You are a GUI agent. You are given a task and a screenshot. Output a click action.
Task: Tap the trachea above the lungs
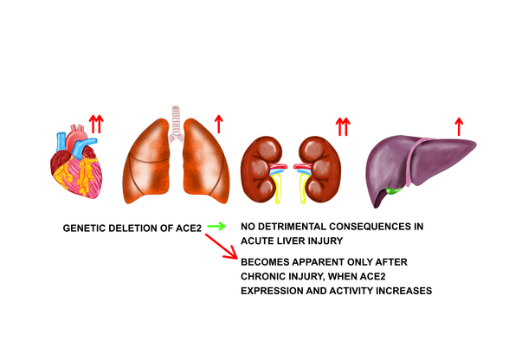[176, 124]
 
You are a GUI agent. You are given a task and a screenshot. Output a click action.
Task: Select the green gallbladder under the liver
[394, 190]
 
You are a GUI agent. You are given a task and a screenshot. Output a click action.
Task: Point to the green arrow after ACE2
[216, 226]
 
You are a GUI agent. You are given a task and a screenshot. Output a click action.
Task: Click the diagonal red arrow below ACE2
[222, 247]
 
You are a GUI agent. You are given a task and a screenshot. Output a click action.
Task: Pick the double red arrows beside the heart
[96, 124]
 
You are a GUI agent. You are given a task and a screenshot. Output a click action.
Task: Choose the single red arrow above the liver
[459, 126]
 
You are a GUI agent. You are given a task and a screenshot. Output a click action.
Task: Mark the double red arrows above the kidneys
[343, 126]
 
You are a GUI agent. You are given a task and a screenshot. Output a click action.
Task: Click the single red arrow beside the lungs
[219, 124]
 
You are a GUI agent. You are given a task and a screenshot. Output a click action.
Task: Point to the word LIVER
[291, 241]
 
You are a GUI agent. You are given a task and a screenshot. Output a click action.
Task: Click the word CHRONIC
[261, 276]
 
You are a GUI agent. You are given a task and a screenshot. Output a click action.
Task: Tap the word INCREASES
[403, 291]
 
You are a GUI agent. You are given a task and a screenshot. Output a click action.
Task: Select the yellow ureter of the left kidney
[277, 189]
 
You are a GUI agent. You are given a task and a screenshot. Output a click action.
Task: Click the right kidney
[319, 169]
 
